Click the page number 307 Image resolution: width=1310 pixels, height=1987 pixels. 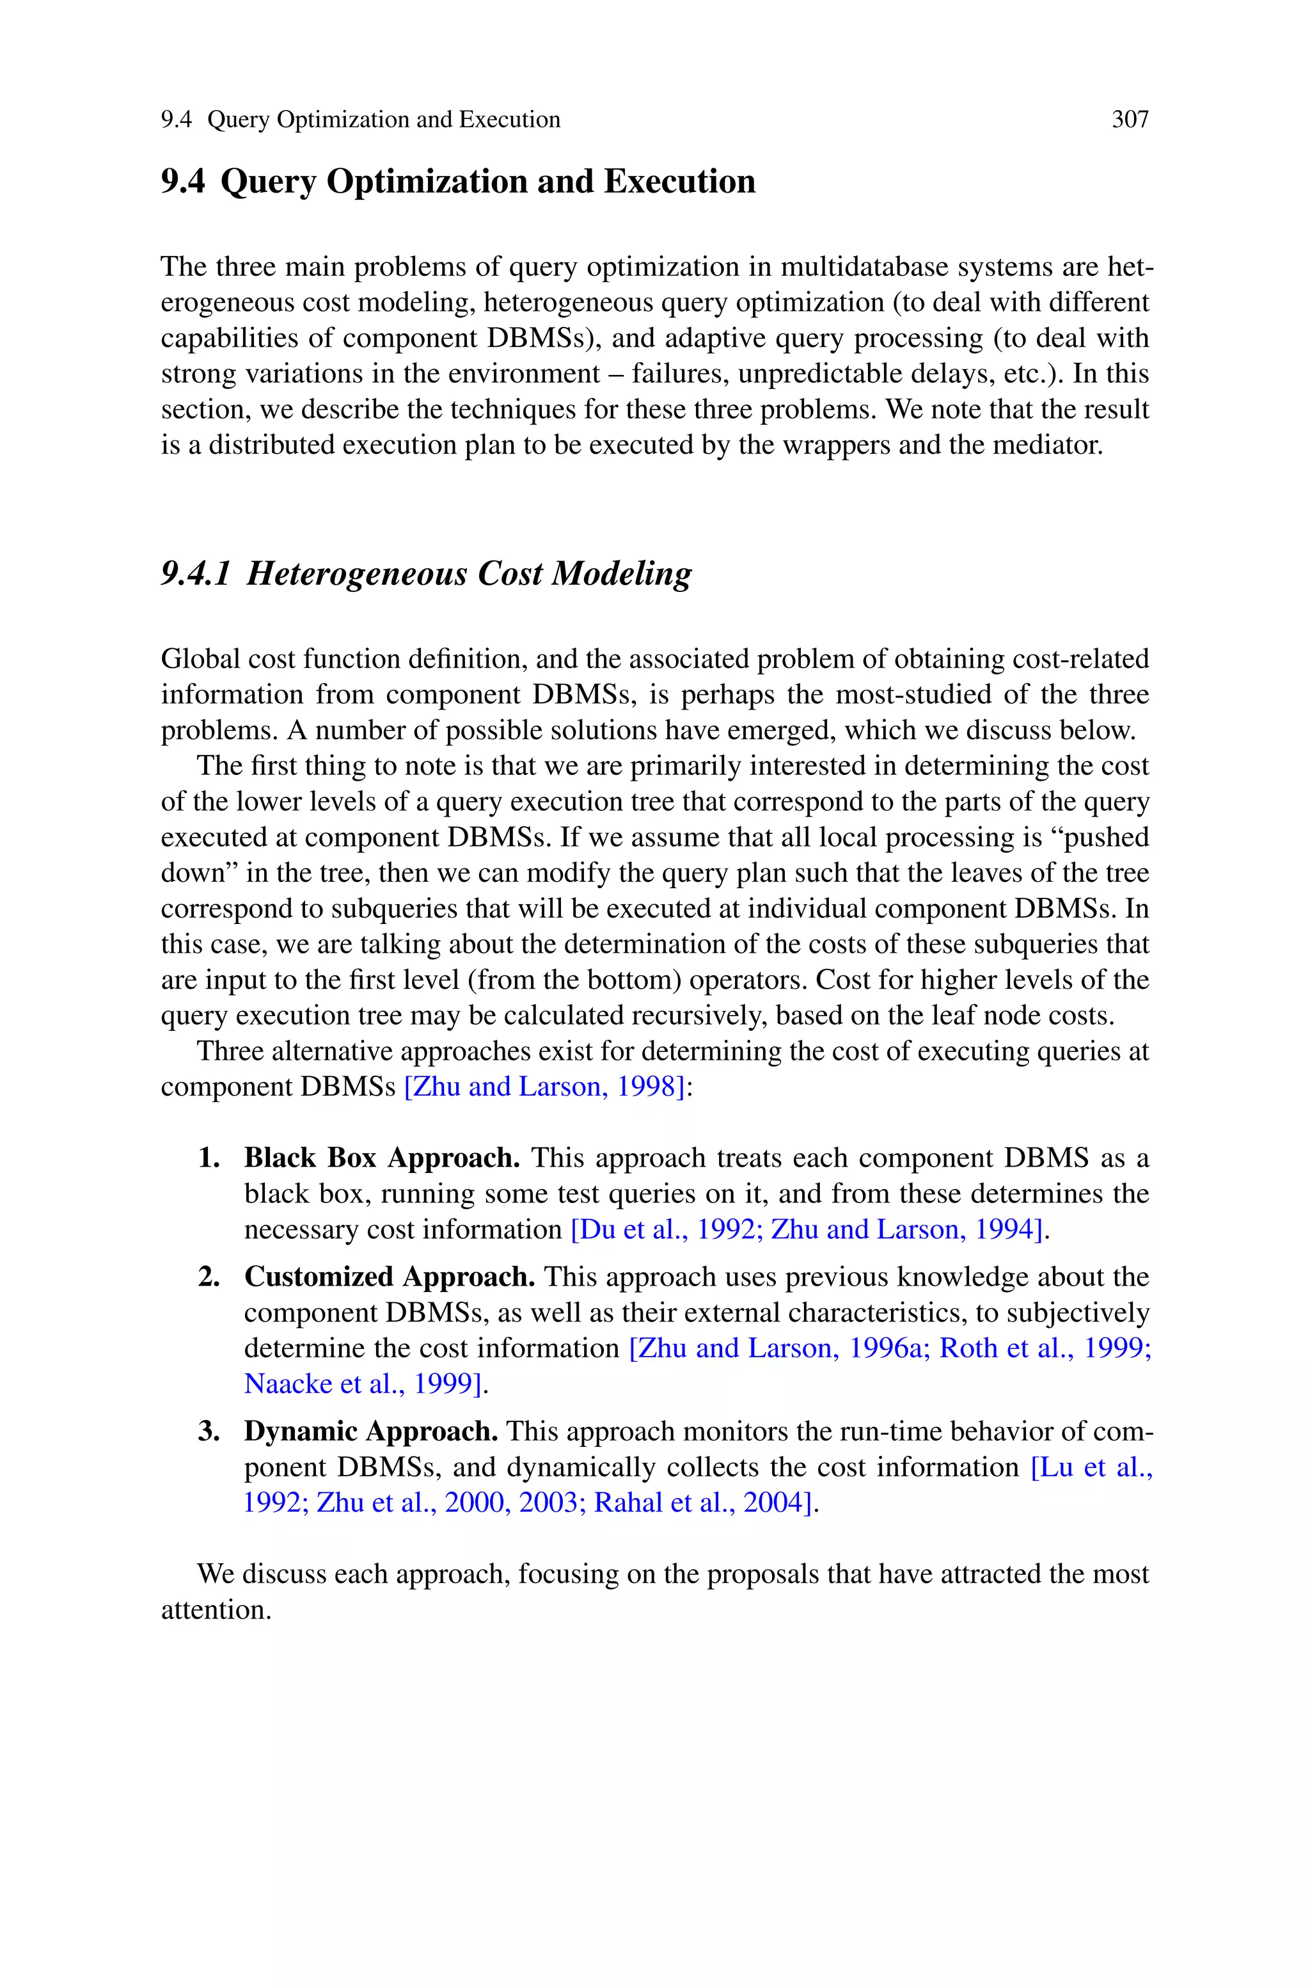click(x=1130, y=120)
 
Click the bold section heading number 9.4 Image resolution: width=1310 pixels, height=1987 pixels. click(x=182, y=181)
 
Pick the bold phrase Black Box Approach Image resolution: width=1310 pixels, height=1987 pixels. click(x=382, y=1158)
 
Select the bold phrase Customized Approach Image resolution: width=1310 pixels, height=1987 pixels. click(x=390, y=1277)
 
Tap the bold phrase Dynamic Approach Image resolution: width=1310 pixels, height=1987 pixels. click(x=371, y=1432)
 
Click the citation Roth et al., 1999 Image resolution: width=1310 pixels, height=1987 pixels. click(x=1043, y=1348)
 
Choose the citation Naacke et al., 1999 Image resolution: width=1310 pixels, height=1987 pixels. click(x=363, y=1384)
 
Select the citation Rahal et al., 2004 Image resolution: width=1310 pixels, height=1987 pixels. click(x=704, y=1503)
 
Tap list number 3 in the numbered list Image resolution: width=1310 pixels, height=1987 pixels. click(x=209, y=1432)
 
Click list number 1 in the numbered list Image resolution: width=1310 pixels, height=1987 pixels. click(x=209, y=1158)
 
